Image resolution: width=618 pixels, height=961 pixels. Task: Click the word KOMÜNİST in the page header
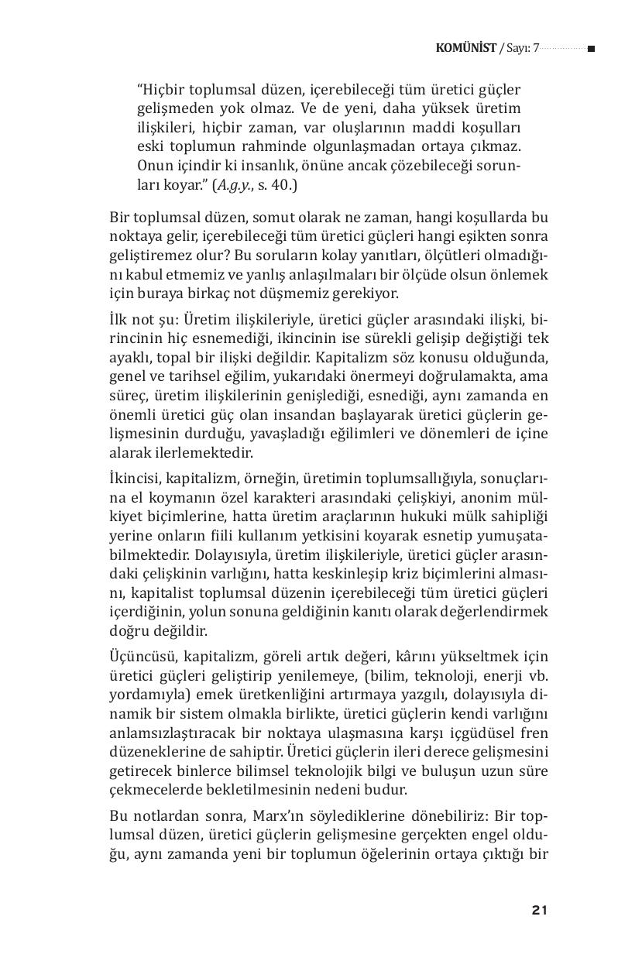[x=465, y=49]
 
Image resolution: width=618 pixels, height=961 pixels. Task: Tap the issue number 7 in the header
[x=535, y=49]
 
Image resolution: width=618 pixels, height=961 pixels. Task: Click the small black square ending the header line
[x=591, y=49]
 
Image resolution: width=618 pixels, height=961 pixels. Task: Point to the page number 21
[x=540, y=911]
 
